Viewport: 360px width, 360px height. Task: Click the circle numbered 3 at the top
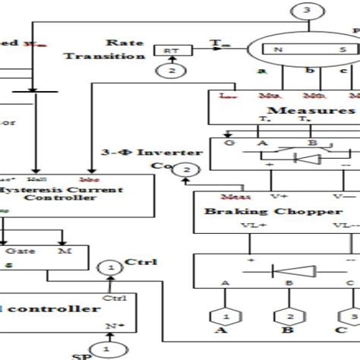coord(305,10)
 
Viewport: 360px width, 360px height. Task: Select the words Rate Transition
coord(104,49)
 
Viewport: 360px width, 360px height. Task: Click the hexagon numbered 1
coord(225,315)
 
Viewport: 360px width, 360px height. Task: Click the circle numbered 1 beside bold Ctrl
coord(111,268)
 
